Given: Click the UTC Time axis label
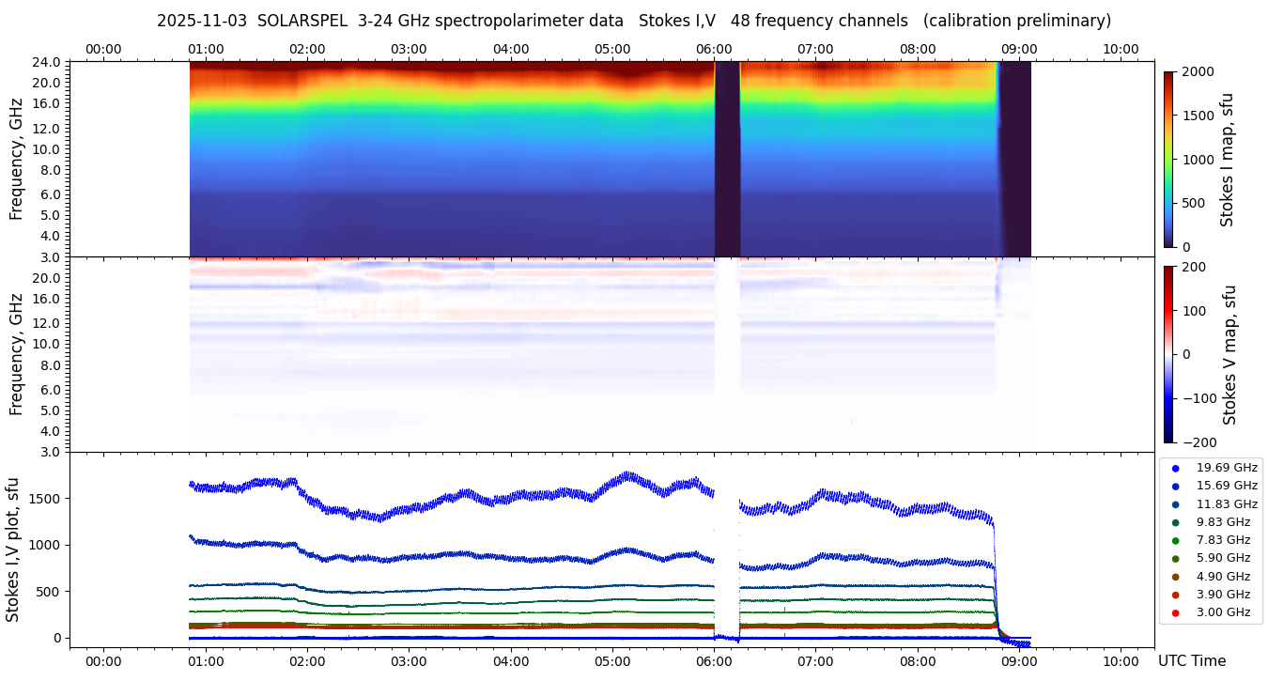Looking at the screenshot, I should [x=1192, y=661].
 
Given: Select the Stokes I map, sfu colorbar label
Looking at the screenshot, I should [x=1227, y=160].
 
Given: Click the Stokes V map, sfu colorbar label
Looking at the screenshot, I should [x=1229, y=354].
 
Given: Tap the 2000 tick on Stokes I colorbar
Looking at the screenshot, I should [x=1198, y=71].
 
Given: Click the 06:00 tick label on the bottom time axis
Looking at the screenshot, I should [x=714, y=661].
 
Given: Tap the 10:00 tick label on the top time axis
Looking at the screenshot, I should [x=1121, y=49].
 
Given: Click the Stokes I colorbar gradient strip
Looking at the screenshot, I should [x=1168, y=160].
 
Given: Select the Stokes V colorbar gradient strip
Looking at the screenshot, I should [x=1168, y=354].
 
